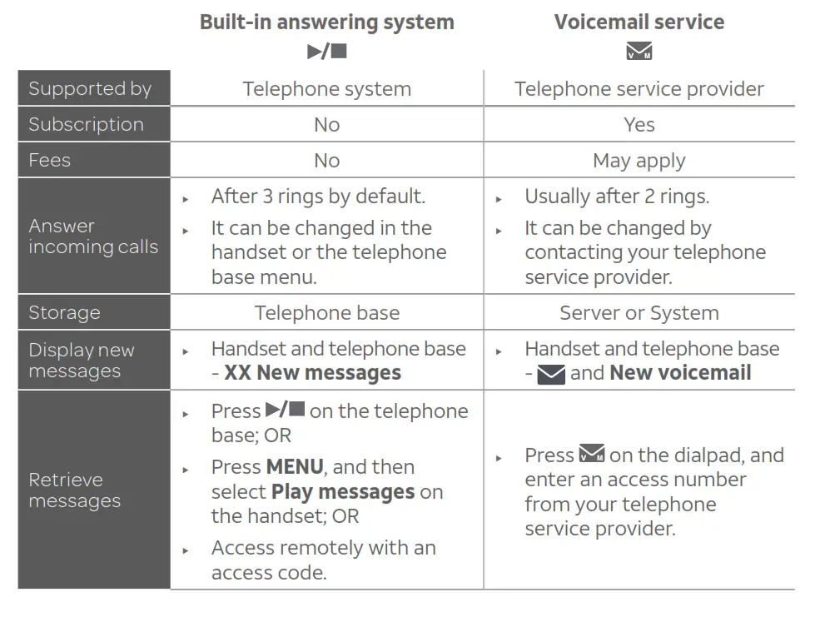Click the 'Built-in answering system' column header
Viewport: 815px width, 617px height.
tap(326, 22)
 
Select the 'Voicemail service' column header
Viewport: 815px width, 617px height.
tap(639, 22)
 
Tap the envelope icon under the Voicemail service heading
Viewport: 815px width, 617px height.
tap(639, 52)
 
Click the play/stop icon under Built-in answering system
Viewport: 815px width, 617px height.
tap(326, 52)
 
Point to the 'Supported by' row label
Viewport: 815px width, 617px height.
tap(90, 89)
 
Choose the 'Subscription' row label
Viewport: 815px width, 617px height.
tap(86, 125)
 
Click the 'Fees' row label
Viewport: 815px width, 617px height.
tap(50, 161)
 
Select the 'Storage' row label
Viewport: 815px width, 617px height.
tap(64, 313)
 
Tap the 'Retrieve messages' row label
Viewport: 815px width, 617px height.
tap(74, 490)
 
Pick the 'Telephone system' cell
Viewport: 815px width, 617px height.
tap(326, 89)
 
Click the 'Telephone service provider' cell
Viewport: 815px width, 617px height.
tap(639, 89)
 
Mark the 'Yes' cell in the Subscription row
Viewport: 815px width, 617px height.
tap(639, 125)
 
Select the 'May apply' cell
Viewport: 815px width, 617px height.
tap(639, 161)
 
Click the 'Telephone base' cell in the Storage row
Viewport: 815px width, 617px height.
tap(326, 313)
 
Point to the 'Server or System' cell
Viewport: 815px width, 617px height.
tap(639, 313)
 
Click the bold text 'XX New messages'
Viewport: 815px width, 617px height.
tap(312, 373)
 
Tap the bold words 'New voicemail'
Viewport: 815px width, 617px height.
tap(680, 373)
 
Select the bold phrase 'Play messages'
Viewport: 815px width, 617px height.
tap(342, 492)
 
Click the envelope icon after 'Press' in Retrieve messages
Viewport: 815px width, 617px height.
tap(592, 455)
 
